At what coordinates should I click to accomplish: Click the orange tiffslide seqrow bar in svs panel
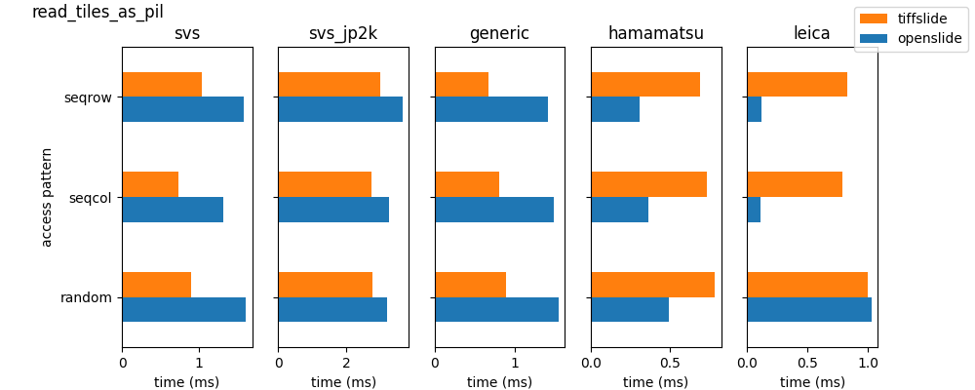162,85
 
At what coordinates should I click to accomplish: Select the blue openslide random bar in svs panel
184,309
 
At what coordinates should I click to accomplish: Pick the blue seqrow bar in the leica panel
755,109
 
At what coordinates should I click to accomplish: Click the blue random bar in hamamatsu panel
630,309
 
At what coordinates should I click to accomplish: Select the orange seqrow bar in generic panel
461,85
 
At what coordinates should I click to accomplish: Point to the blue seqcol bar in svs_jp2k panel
333,210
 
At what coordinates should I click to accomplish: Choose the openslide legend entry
911,39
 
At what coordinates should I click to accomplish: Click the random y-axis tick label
86,297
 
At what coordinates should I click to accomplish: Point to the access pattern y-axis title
47,197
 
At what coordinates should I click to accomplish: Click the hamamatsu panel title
656,33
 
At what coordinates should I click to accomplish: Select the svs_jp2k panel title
343,33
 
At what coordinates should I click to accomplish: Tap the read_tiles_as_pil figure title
97,11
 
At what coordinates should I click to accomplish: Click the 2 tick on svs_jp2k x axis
346,362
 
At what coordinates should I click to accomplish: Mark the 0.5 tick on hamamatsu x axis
670,362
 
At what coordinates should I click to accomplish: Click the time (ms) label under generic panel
499,381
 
